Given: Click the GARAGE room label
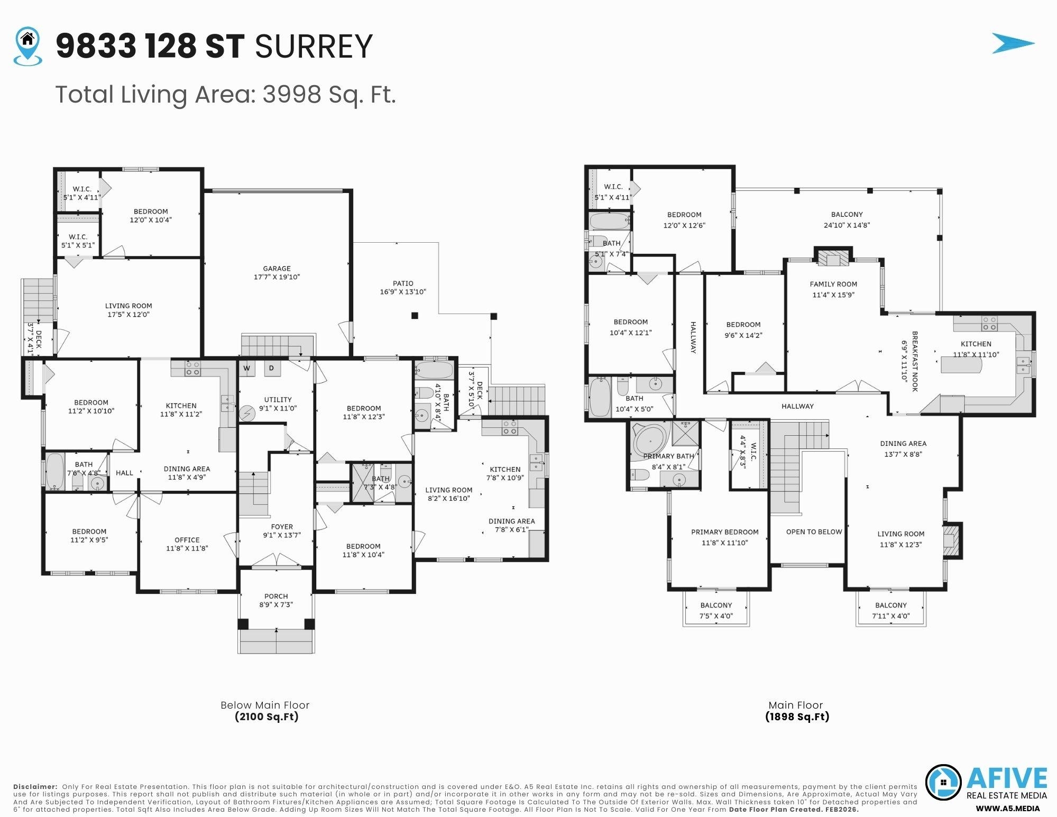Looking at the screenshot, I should click(x=277, y=269).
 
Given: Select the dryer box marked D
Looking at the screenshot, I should click(x=272, y=368).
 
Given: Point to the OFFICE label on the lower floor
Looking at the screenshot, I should click(x=187, y=540).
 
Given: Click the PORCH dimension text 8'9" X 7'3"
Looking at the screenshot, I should click(x=276, y=604).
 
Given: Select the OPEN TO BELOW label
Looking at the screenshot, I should click(x=813, y=531).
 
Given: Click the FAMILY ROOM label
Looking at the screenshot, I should click(x=833, y=284).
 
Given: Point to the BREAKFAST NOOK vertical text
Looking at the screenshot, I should click(x=914, y=361).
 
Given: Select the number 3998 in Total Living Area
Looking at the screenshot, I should click(x=292, y=95).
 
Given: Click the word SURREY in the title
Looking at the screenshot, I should click(x=314, y=47).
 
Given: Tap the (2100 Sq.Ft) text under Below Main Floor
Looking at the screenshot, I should click(x=266, y=717).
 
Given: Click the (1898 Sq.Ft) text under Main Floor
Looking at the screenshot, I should click(x=797, y=717).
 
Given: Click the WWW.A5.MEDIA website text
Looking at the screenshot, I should click(x=1007, y=809).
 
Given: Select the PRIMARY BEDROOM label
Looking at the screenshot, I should click(x=724, y=532).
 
